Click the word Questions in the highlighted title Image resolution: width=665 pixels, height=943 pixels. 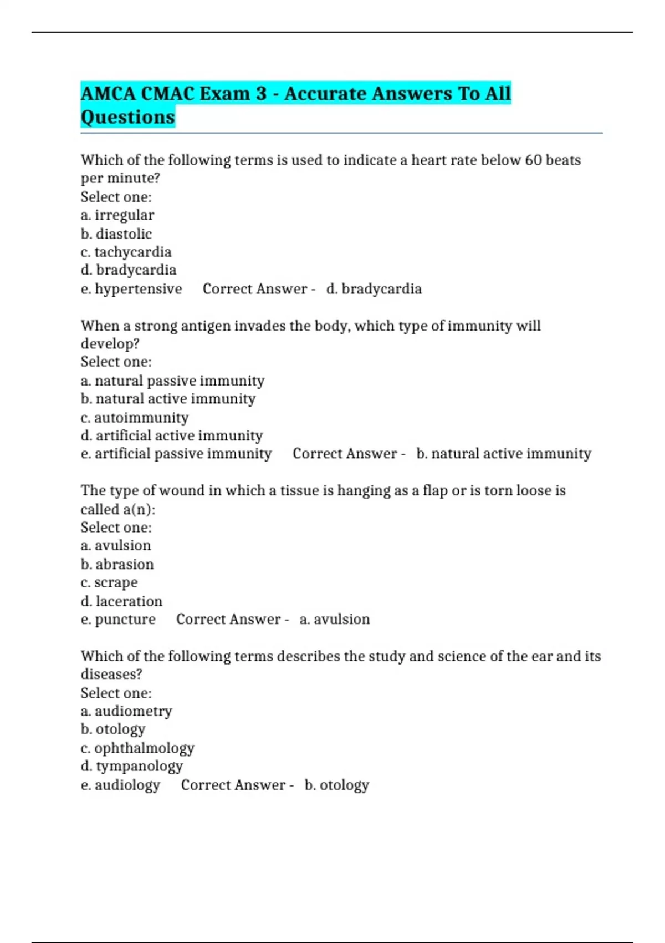pyautogui.click(x=127, y=117)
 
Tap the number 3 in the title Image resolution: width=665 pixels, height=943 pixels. pyautogui.click(x=261, y=93)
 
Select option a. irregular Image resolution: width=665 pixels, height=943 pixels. pyautogui.click(x=117, y=215)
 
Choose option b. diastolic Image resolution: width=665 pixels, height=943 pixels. pyautogui.click(x=116, y=234)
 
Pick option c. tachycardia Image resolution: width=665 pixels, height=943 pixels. pyautogui.click(x=126, y=252)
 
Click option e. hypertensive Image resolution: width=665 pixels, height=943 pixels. pyautogui.click(x=131, y=289)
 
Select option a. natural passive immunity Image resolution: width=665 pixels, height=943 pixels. pyautogui.click(x=172, y=381)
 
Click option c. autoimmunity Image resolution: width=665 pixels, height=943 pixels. pyautogui.click(x=134, y=417)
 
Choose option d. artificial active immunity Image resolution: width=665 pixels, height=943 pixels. pyautogui.click(x=171, y=435)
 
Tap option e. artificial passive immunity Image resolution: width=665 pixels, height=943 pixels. pyautogui.click(x=176, y=454)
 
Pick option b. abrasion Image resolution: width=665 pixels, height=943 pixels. pyautogui.click(x=117, y=564)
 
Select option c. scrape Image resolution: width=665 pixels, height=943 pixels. pyautogui.click(x=109, y=582)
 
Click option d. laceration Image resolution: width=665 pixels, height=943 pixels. pyautogui.click(x=121, y=601)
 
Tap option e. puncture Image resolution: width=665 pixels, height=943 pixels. pyautogui.click(x=118, y=620)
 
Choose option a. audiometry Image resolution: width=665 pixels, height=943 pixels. pyautogui.click(x=126, y=711)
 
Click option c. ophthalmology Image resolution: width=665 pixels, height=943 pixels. pyautogui.click(x=137, y=748)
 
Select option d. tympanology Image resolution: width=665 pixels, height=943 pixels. pyautogui.click(x=131, y=766)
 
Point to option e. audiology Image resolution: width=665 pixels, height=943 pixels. pyautogui.click(x=120, y=785)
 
